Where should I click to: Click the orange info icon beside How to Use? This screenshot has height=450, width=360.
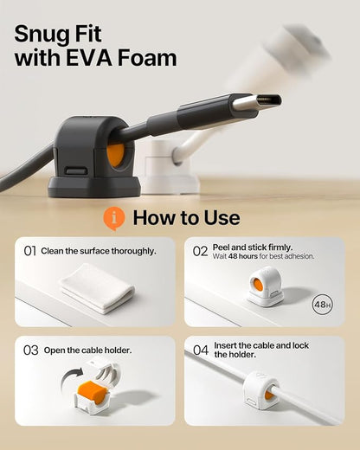coord(114,218)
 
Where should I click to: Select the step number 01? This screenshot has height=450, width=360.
coord(30,251)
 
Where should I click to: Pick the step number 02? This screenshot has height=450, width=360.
coord(200,251)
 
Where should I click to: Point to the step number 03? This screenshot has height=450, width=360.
coord(31,350)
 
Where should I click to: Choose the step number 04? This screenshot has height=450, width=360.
coord(201,350)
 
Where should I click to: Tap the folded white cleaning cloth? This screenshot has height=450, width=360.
coord(98,289)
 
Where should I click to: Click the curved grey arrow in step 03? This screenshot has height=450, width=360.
coord(72,379)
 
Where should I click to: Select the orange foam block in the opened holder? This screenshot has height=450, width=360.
coord(93,389)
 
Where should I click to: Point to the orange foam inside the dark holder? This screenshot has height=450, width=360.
coord(116,155)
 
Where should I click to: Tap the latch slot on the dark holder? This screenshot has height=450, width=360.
coord(76,170)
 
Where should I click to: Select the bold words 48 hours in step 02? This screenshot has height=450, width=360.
coord(243,256)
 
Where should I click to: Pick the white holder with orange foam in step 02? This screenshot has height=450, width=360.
coord(265,286)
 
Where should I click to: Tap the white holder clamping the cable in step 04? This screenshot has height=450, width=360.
coord(260,389)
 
